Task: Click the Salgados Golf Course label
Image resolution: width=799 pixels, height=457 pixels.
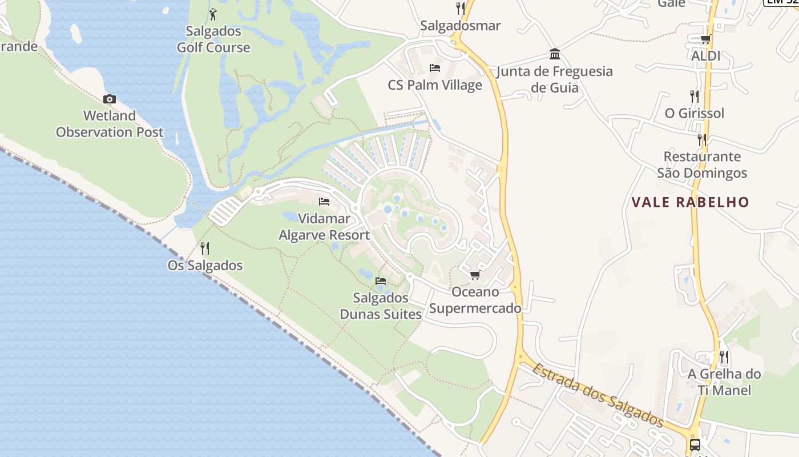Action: coord(213,39)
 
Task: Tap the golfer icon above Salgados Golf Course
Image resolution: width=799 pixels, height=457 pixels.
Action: coord(213,14)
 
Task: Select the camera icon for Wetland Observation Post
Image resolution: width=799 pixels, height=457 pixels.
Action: coord(110,99)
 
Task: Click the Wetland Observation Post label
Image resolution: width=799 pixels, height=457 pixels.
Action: coord(110,124)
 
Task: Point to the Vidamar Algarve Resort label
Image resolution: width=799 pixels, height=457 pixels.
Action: coord(324,227)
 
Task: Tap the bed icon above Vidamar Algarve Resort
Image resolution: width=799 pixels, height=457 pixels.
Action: coord(324,202)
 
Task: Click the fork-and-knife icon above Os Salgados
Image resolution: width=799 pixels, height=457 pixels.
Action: coord(205,248)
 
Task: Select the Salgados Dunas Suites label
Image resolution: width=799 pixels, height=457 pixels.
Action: coord(381,306)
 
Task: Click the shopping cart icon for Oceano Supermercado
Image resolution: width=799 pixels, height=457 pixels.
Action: coord(475,275)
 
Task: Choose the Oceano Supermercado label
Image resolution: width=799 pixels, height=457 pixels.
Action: coord(475,300)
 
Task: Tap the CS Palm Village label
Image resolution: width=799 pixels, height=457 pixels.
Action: coord(435,85)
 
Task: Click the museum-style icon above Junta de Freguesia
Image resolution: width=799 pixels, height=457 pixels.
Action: coord(554,55)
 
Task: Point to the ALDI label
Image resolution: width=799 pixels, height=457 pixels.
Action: coord(705,56)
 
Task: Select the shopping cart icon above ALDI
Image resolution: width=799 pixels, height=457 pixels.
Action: coord(705,39)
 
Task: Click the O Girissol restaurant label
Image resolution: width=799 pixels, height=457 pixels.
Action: coord(694,113)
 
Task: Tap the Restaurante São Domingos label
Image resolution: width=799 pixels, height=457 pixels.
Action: coord(702,165)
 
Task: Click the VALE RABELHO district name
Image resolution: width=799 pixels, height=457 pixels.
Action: coord(690,202)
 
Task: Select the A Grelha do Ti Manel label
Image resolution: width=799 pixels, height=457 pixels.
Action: coord(724,382)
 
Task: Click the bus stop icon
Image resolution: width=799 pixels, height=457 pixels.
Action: coord(695,444)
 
